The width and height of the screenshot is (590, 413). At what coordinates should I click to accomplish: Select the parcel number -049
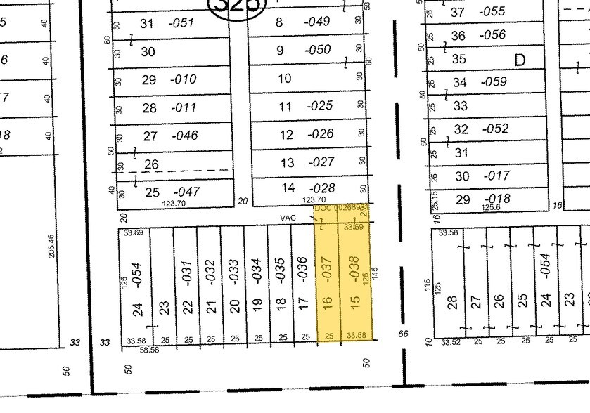(316, 22)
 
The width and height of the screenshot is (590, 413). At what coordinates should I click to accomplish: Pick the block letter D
(520, 60)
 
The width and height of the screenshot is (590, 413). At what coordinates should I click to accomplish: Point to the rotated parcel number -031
(188, 272)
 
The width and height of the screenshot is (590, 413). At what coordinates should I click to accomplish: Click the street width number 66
(403, 334)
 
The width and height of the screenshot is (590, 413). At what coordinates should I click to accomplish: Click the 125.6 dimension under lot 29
(490, 208)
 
